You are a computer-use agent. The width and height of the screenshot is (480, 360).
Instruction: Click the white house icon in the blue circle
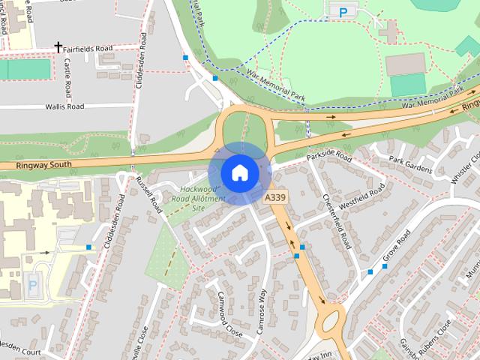click(239, 172)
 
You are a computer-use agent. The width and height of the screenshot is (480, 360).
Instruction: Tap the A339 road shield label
click(274, 197)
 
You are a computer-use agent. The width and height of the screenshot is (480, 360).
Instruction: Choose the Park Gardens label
click(410, 165)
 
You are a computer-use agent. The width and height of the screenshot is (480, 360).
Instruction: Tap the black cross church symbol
click(58, 47)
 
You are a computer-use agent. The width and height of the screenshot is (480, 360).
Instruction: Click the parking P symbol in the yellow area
click(32, 284)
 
